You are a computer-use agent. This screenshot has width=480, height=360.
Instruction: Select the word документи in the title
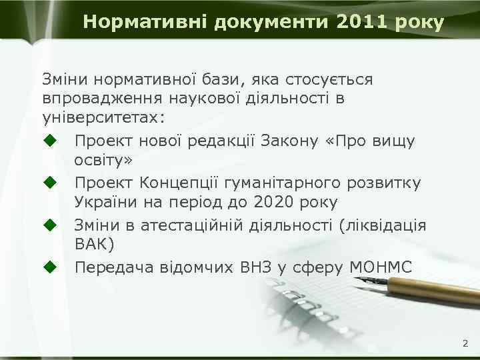point(273,22)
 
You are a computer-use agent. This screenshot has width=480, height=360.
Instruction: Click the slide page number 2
point(465,344)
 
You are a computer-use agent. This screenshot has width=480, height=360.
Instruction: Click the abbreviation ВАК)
point(95,245)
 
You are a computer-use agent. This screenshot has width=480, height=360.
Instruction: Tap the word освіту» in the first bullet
point(104,161)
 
